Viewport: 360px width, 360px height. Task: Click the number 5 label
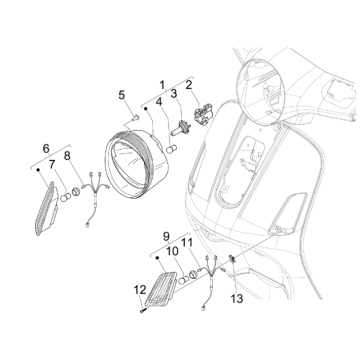coord(124,96)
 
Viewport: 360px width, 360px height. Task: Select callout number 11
coord(188,243)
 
